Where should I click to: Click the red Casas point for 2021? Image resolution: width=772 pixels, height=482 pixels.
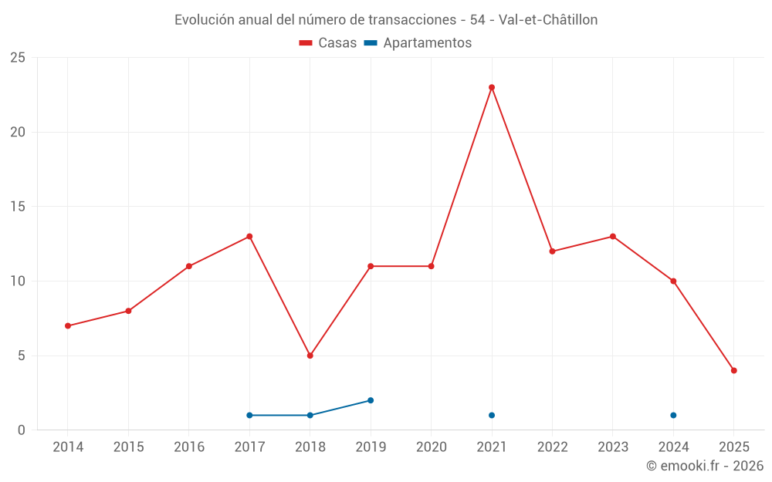pyautogui.click(x=492, y=87)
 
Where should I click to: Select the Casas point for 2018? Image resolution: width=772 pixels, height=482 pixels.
pyautogui.click(x=310, y=356)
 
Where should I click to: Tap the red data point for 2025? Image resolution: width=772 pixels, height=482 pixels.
pyautogui.click(x=734, y=370)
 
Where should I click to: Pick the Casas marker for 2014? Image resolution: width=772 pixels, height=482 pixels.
pyautogui.click(x=68, y=325)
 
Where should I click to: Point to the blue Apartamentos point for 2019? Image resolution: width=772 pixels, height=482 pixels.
pyautogui.click(x=371, y=400)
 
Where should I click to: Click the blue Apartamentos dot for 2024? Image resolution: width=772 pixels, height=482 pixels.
pyautogui.click(x=673, y=415)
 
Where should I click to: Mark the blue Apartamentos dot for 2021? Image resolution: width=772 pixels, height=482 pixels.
pyautogui.click(x=492, y=415)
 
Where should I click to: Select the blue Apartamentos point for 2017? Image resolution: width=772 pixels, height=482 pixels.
pyautogui.click(x=249, y=415)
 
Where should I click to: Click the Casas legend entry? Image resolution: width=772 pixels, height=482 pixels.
pyautogui.click(x=328, y=43)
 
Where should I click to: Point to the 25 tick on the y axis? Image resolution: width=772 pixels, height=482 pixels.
pyautogui.click(x=18, y=58)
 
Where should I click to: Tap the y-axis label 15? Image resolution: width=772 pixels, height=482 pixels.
pyautogui.click(x=18, y=207)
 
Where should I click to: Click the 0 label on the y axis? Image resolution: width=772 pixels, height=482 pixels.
pyautogui.click(x=22, y=430)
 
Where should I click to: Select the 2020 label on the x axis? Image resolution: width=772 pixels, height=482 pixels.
pyautogui.click(x=431, y=447)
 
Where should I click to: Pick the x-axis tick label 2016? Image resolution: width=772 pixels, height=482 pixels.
pyautogui.click(x=189, y=447)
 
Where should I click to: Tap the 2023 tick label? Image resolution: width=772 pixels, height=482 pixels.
pyautogui.click(x=613, y=447)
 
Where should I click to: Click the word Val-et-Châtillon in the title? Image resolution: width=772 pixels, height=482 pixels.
pyautogui.click(x=548, y=20)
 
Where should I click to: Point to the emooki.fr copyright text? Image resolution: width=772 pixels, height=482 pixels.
pyautogui.click(x=705, y=466)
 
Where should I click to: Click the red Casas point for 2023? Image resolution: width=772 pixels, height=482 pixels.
pyautogui.click(x=613, y=236)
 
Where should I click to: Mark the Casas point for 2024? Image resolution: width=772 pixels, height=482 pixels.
pyautogui.click(x=673, y=281)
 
